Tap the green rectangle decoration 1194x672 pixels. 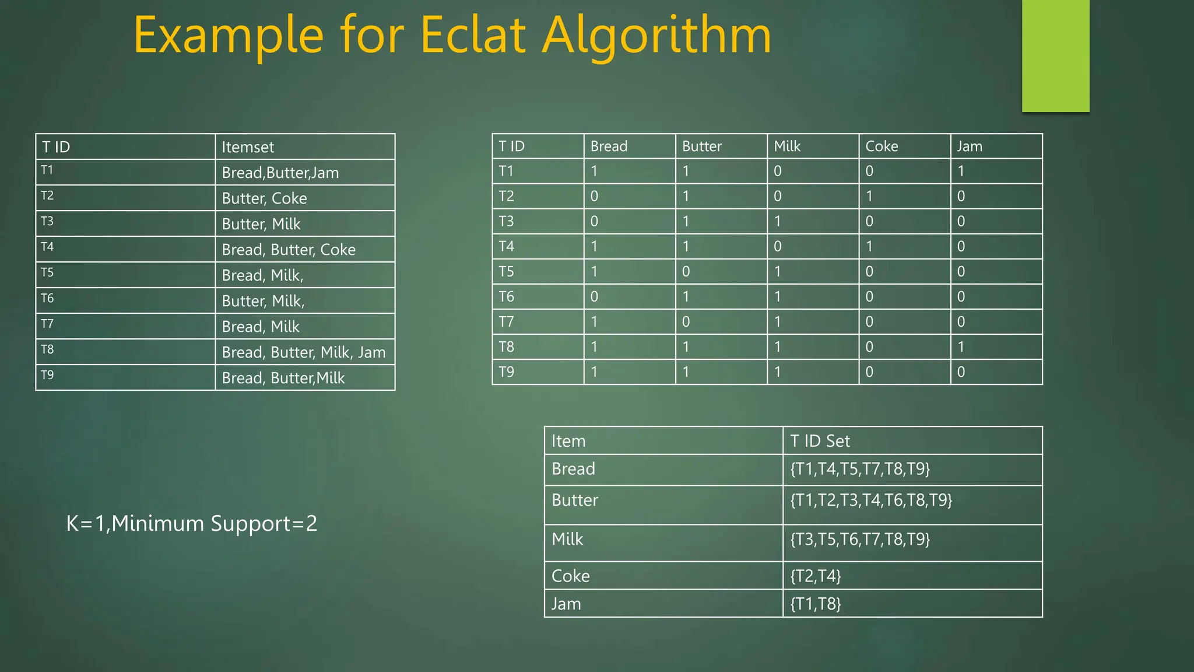(x=1055, y=55)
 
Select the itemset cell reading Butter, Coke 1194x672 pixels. (x=264, y=198)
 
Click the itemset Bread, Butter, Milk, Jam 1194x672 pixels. (x=303, y=352)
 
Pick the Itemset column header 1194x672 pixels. (x=247, y=147)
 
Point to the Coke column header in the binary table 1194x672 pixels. (x=881, y=146)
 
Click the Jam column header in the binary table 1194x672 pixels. (x=970, y=146)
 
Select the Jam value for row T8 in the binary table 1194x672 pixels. (x=961, y=347)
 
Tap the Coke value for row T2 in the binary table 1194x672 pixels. (x=869, y=197)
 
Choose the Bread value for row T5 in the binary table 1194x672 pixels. (x=594, y=272)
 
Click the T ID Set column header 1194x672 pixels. (x=820, y=441)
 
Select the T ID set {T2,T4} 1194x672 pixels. (x=815, y=576)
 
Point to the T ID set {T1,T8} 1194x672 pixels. (x=815, y=604)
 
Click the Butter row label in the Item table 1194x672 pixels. (x=574, y=501)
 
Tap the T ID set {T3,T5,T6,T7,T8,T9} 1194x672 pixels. (x=859, y=539)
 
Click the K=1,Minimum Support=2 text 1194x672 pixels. (x=192, y=523)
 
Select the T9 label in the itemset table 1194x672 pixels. (x=47, y=375)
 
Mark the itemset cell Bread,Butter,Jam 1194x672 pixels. (x=280, y=173)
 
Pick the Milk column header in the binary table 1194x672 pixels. (x=786, y=146)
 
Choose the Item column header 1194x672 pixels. (x=568, y=441)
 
